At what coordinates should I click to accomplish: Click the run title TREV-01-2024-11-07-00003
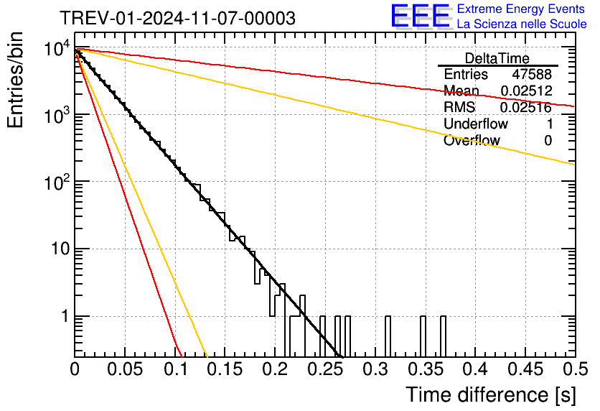(177, 19)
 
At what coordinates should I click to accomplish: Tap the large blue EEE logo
(420, 17)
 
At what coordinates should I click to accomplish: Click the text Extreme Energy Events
(522, 9)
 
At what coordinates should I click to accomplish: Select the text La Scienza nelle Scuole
(522, 24)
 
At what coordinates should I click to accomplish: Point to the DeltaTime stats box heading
(497, 58)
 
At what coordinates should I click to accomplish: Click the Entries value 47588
(532, 75)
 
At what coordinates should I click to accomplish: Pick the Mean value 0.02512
(525, 91)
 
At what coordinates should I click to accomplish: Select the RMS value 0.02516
(525, 108)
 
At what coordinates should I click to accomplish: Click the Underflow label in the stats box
(475, 124)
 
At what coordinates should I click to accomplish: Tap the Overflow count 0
(548, 141)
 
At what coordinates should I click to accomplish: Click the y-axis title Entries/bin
(17, 81)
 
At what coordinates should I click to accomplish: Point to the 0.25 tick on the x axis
(325, 370)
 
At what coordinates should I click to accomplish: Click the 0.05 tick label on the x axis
(125, 370)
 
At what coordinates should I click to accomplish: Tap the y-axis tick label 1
(64, 317)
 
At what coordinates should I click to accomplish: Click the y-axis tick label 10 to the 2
(57, 184)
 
